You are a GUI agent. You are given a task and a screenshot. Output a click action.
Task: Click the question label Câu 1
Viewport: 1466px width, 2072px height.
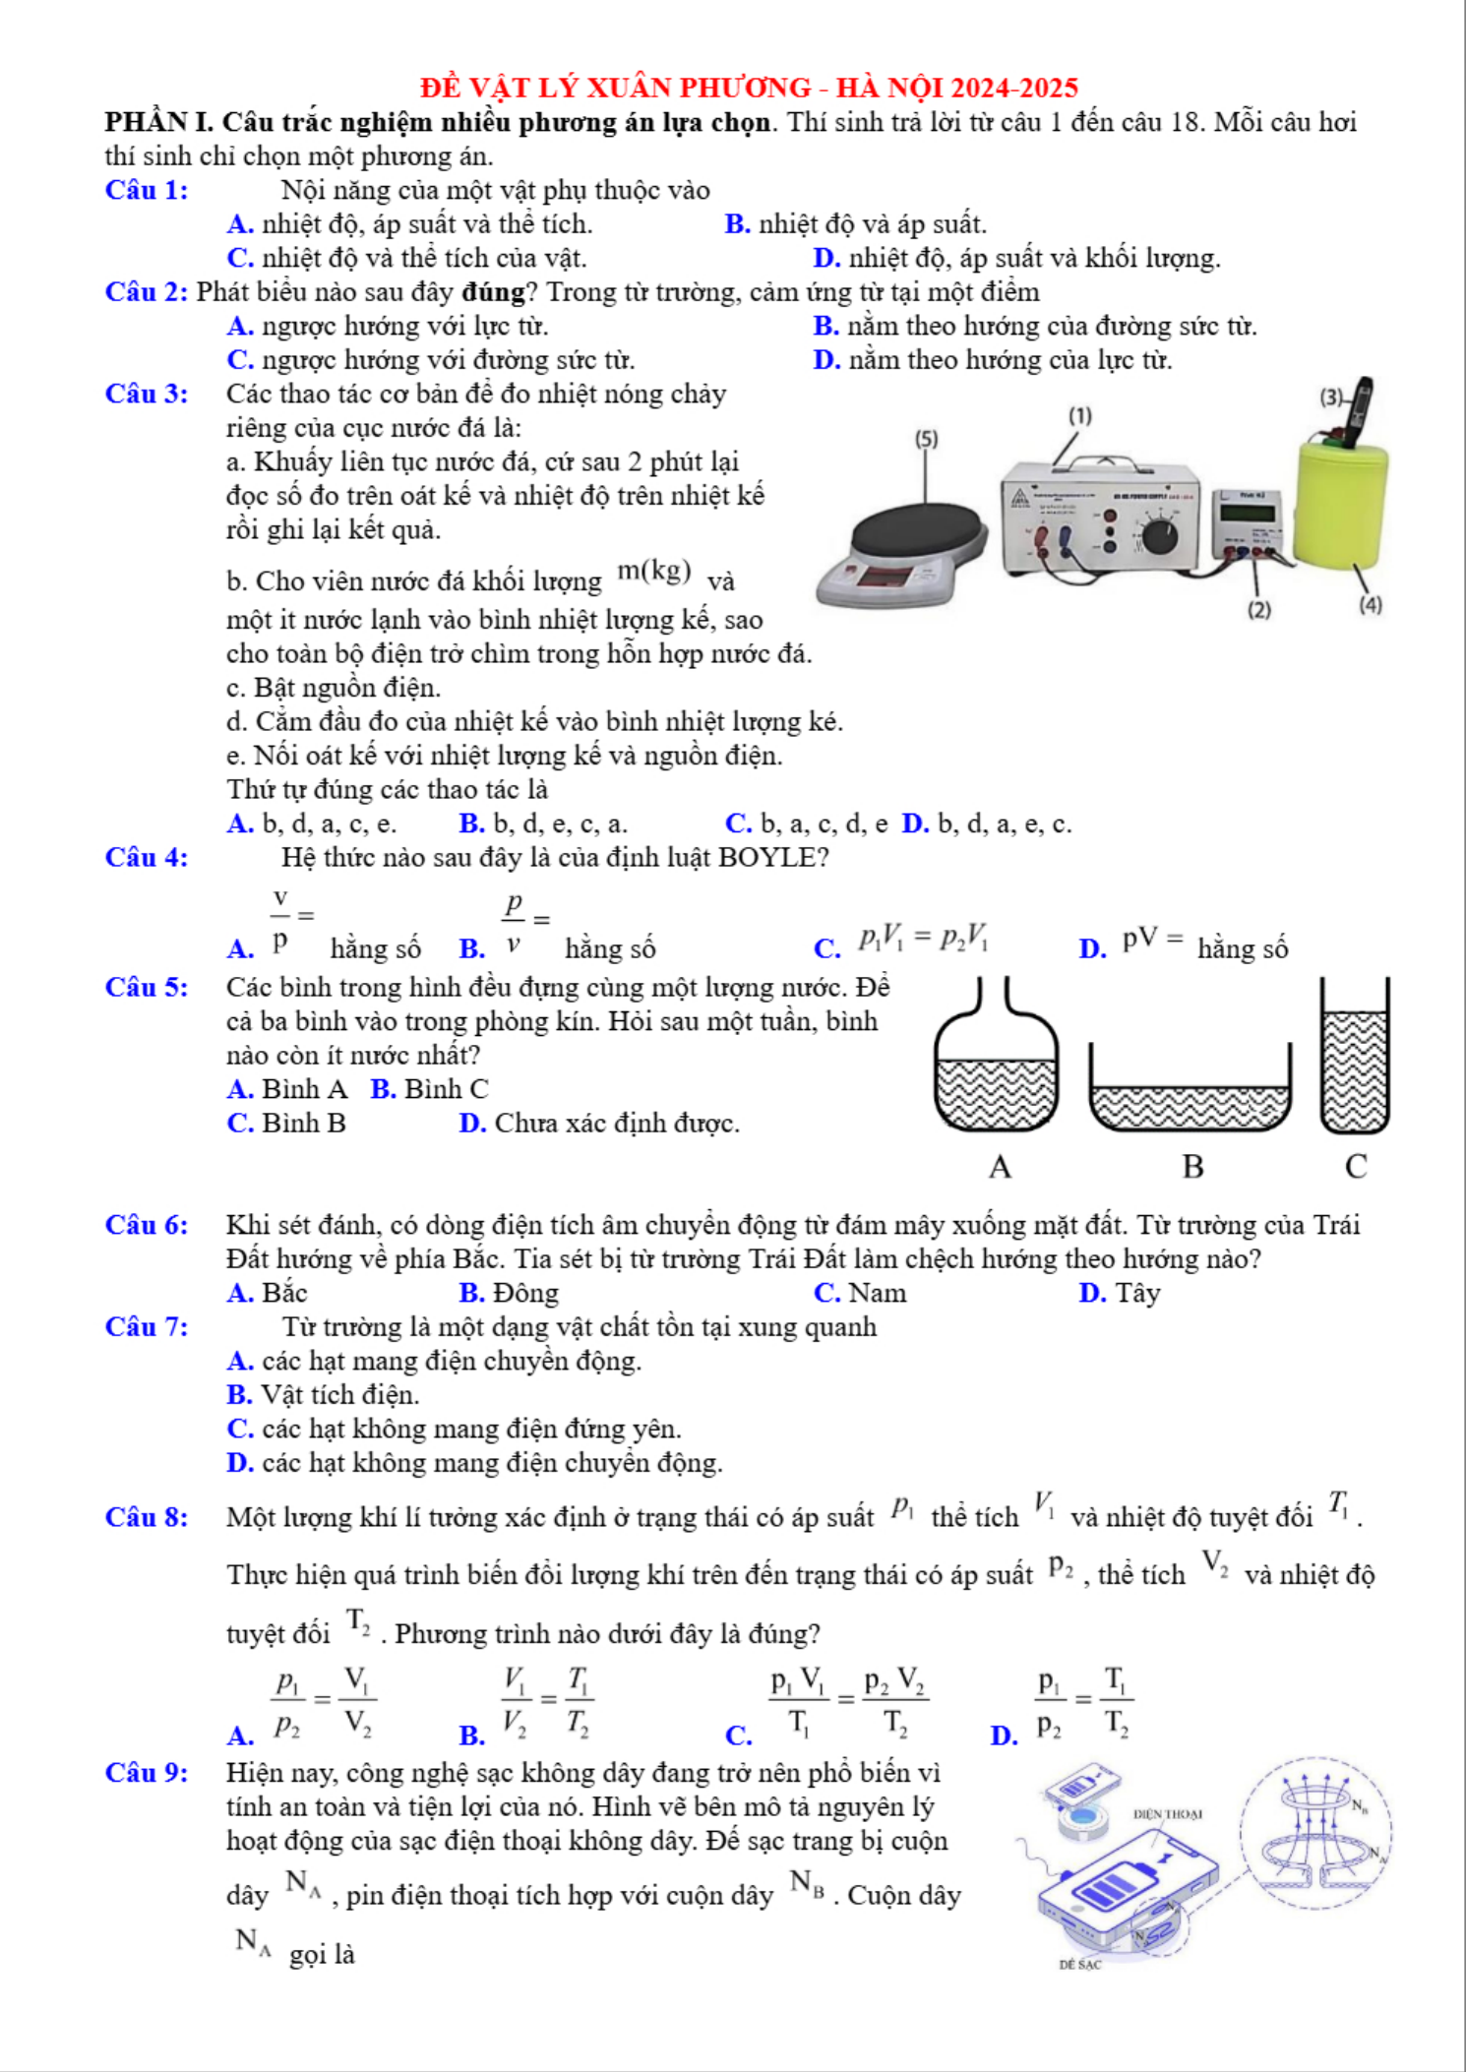[x=147, y=190]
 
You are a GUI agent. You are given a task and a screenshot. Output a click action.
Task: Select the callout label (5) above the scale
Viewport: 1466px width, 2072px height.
[x=926, y=439]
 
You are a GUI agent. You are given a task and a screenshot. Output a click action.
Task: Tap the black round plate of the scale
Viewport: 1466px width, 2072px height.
[x=917, y=533]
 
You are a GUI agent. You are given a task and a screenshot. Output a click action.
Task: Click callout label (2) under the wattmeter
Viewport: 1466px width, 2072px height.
[x=1258, y=610]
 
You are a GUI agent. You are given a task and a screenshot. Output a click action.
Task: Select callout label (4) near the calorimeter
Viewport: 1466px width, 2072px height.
[x=1370, y=606]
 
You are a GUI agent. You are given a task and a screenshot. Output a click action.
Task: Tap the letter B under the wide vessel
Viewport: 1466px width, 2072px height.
[x=1192, y=1167]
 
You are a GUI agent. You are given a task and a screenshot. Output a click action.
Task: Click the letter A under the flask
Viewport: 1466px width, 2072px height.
[x=1000, y=1167]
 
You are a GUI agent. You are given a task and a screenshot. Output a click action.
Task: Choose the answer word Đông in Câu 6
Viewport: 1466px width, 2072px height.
[x=525, y=1293]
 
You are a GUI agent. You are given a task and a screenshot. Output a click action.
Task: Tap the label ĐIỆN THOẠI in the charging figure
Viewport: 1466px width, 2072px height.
[x=1167, y=1813]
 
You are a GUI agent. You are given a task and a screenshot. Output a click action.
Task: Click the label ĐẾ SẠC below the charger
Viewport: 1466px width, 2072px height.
[x=1079, y=1965]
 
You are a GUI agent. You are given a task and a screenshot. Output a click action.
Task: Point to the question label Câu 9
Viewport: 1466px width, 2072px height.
[x=147, y=1773]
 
